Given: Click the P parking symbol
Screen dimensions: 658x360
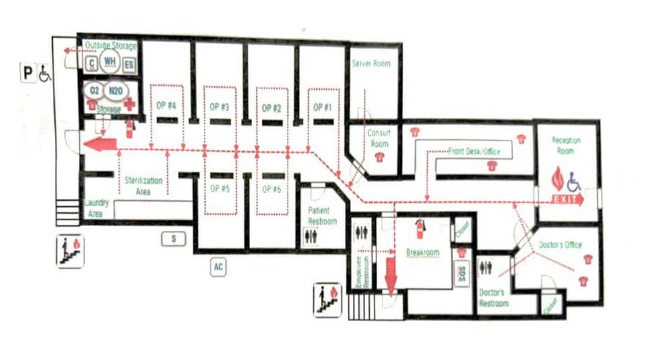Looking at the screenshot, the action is [x=27, y=72].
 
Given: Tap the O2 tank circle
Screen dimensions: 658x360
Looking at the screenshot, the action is [x=94, y=90].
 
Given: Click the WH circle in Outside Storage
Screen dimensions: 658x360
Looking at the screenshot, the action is [x=109, y=63].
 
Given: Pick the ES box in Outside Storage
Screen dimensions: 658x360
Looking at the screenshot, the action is [x=128, y=64].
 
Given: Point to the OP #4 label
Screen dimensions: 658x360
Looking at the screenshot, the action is [x=166, y=106].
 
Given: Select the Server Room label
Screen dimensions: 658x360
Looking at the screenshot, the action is [x=370, y=64].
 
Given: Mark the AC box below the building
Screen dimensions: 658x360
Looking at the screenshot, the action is [x=218, y=267].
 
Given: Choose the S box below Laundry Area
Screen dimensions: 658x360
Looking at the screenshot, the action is [x=173, y=238].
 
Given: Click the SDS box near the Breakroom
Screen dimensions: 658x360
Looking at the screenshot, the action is [x=462, y=273].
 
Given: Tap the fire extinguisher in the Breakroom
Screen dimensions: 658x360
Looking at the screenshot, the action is [x=420, y=229].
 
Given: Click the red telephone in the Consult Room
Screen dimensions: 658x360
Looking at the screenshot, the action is [x=380, y=157].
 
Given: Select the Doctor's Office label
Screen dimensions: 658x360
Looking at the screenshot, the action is [x=560, y=245].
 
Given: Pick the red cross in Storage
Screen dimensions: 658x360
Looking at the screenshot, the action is [x=127, y=105].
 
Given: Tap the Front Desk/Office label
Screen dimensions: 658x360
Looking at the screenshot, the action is [x=474, y=152].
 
